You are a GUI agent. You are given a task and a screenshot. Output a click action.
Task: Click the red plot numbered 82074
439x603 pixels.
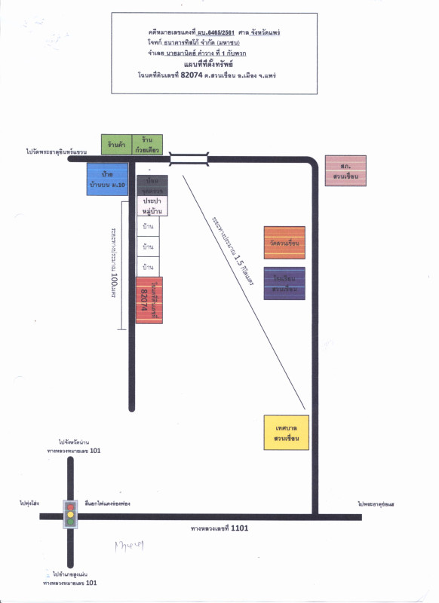(149, 300)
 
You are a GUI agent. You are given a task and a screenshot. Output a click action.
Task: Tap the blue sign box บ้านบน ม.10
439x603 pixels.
(112, 179)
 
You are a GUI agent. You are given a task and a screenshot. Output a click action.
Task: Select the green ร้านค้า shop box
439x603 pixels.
(116, 145)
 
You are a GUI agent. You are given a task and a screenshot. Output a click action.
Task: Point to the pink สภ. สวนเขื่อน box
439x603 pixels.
(346, 171)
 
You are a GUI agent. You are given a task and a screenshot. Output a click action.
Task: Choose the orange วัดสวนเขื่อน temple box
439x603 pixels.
(284, 243)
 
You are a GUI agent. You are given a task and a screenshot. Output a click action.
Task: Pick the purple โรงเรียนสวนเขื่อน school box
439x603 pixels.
(284, 284)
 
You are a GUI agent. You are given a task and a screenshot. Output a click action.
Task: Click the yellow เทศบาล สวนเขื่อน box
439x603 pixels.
(286, 433)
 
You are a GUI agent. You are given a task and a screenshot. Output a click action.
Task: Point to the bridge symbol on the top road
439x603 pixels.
(189, 158)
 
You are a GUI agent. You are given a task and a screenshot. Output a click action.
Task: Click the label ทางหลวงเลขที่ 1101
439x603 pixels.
(221, 528)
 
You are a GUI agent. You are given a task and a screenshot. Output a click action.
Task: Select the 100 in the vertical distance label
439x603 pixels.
(115, 280)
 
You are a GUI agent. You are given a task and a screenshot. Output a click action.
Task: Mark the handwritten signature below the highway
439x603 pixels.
(129, 544)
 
